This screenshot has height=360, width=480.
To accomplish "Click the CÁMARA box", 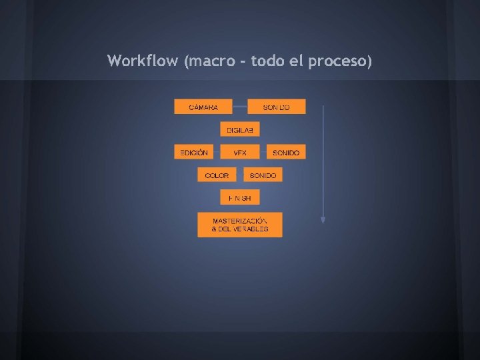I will point(203,107).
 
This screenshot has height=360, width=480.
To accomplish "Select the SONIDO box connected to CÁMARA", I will point(277,107).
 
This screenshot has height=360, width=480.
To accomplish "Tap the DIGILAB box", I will point(240,129).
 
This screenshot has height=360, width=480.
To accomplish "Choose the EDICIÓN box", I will point(194,153).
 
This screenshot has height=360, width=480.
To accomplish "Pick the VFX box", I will point(240,153).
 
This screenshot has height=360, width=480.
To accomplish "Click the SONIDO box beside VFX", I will point(286,153).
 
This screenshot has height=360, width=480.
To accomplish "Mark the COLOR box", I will point(217,175).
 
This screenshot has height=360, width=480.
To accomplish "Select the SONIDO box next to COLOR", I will point(263,175).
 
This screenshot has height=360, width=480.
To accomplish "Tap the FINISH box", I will point(240,198).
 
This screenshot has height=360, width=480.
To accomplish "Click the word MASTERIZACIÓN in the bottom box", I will point(240,221).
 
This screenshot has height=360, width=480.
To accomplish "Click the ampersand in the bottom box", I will point(215,229).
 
